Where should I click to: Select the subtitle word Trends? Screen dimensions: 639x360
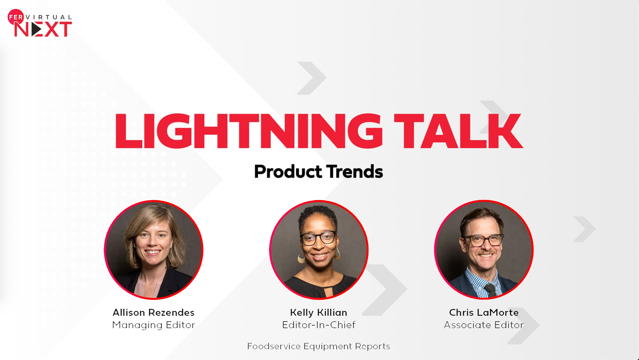[354, 172]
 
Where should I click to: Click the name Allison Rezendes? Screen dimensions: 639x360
[153, 312]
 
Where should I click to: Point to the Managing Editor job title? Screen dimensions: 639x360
[153, 325]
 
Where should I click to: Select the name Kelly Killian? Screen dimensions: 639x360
[319, 312]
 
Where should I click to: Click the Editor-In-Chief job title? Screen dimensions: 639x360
[319, 325]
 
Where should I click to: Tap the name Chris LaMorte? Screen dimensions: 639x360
[484, 312]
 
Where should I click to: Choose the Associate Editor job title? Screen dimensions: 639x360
[484, 325]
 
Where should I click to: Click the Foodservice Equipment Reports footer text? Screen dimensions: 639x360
[319, 346]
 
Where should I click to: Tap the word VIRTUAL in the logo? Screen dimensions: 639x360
[49, 17]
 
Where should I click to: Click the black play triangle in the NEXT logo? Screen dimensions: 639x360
[36, 30]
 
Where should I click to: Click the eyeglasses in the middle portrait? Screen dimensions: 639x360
[318, 238]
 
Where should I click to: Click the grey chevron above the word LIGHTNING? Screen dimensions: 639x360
[312, 78]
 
